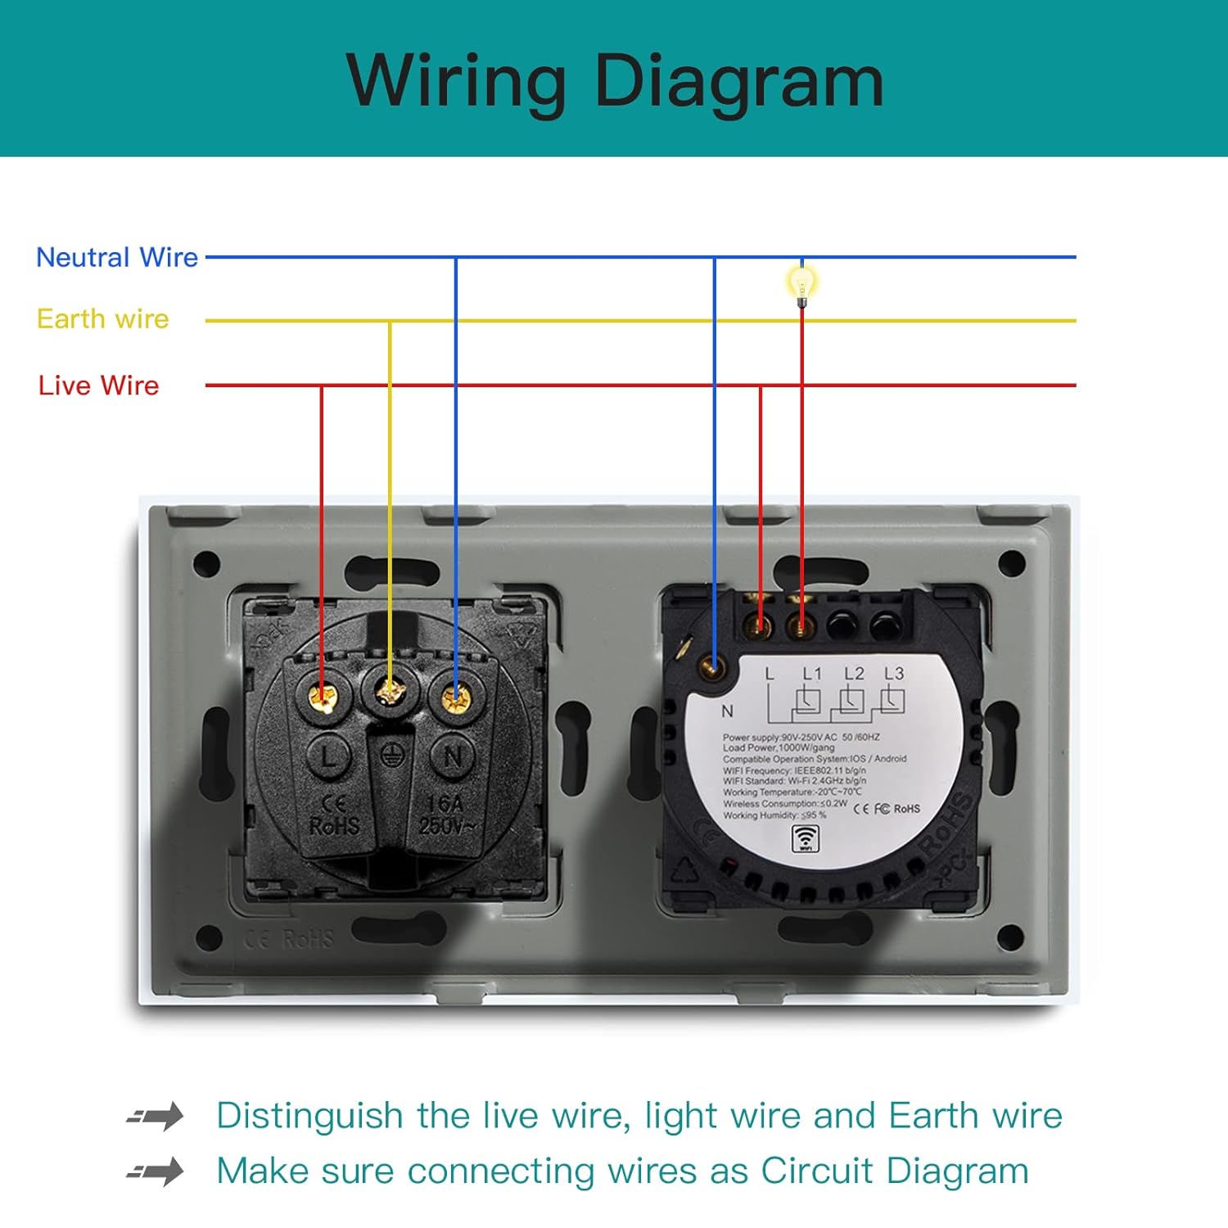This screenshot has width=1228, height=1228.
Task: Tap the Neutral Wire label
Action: point(117,258)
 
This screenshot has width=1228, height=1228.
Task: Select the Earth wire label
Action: point(103,319)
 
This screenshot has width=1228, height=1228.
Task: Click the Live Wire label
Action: point(99,386)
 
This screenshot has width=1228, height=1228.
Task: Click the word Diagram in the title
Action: point(738,80)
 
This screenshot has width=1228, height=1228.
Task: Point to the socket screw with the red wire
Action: point(323,697)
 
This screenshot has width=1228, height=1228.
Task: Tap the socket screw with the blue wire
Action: point(455,698)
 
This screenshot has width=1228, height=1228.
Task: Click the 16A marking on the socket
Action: point(445,804)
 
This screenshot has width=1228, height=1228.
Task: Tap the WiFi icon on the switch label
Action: point(806,838)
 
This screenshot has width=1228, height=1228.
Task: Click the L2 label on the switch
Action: point(854,674)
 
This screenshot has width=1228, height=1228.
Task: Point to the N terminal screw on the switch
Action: point(713,668)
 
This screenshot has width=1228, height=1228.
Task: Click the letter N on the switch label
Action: point(727,711)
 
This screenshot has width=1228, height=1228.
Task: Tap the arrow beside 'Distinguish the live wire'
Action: point(156,1116)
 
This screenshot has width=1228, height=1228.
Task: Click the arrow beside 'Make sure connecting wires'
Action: point(156,1172)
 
